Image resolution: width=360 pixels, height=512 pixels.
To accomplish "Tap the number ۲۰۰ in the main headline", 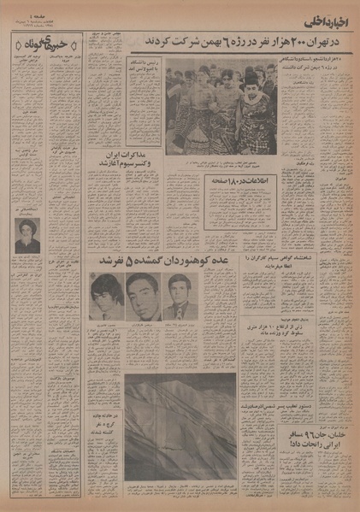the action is [x=279, y=41].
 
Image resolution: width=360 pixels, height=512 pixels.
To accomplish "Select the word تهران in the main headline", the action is [x=306, y=41].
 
